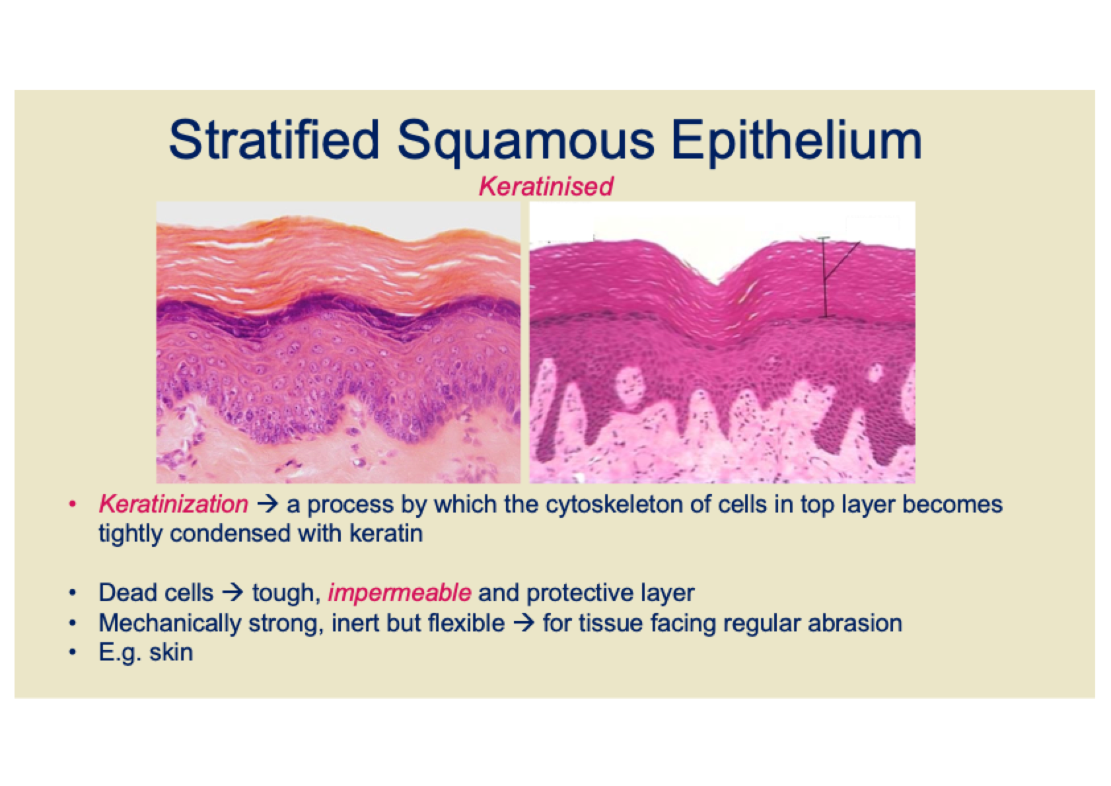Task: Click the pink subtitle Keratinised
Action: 546,186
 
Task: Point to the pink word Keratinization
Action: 174,505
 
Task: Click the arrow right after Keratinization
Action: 268,505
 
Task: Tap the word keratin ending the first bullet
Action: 386,534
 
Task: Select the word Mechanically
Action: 170,624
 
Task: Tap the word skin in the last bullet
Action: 171,652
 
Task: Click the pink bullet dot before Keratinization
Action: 73,505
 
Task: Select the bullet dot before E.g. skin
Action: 73,652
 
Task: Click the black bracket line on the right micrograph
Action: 824,277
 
